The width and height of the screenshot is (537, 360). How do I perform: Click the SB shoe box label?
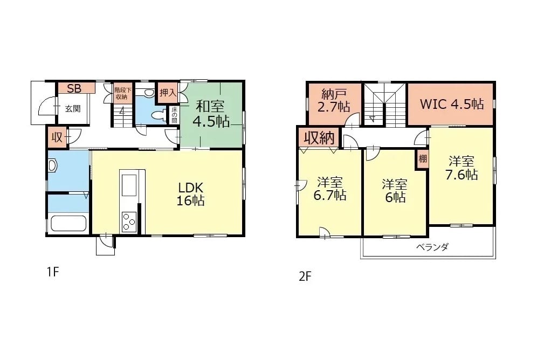[x=74, y=88]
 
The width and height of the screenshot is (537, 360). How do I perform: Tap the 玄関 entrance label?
[x=73, y=109]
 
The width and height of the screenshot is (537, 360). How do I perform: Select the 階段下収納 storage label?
[x=122, y=93]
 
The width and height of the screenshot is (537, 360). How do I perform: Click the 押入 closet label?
[x=168, y=92]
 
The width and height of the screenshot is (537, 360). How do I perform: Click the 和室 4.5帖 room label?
[x=211, y=114]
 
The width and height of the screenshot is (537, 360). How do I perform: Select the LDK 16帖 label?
[x=190, y=193]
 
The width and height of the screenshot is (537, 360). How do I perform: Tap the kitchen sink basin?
[x=129, y=185]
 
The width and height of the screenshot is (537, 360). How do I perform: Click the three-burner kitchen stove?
[x=129, y=221]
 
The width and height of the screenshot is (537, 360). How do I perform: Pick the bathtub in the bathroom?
[x=68, y=223]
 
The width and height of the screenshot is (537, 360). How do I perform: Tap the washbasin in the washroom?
[x=52, y=165]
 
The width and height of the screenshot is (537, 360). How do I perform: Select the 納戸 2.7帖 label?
[x=334, y=101]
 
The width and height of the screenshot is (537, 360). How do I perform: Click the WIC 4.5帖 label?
[x=452, y=103]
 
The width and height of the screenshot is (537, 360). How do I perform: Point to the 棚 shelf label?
[x=423, y=159]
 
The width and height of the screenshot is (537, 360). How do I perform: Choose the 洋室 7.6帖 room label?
[x=462, y=168]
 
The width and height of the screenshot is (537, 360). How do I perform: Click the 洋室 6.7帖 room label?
[x=329, y=188]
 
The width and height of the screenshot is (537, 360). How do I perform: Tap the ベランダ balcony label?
[x=432, y=247]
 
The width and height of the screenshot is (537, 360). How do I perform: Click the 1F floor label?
[x=53, y=272]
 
